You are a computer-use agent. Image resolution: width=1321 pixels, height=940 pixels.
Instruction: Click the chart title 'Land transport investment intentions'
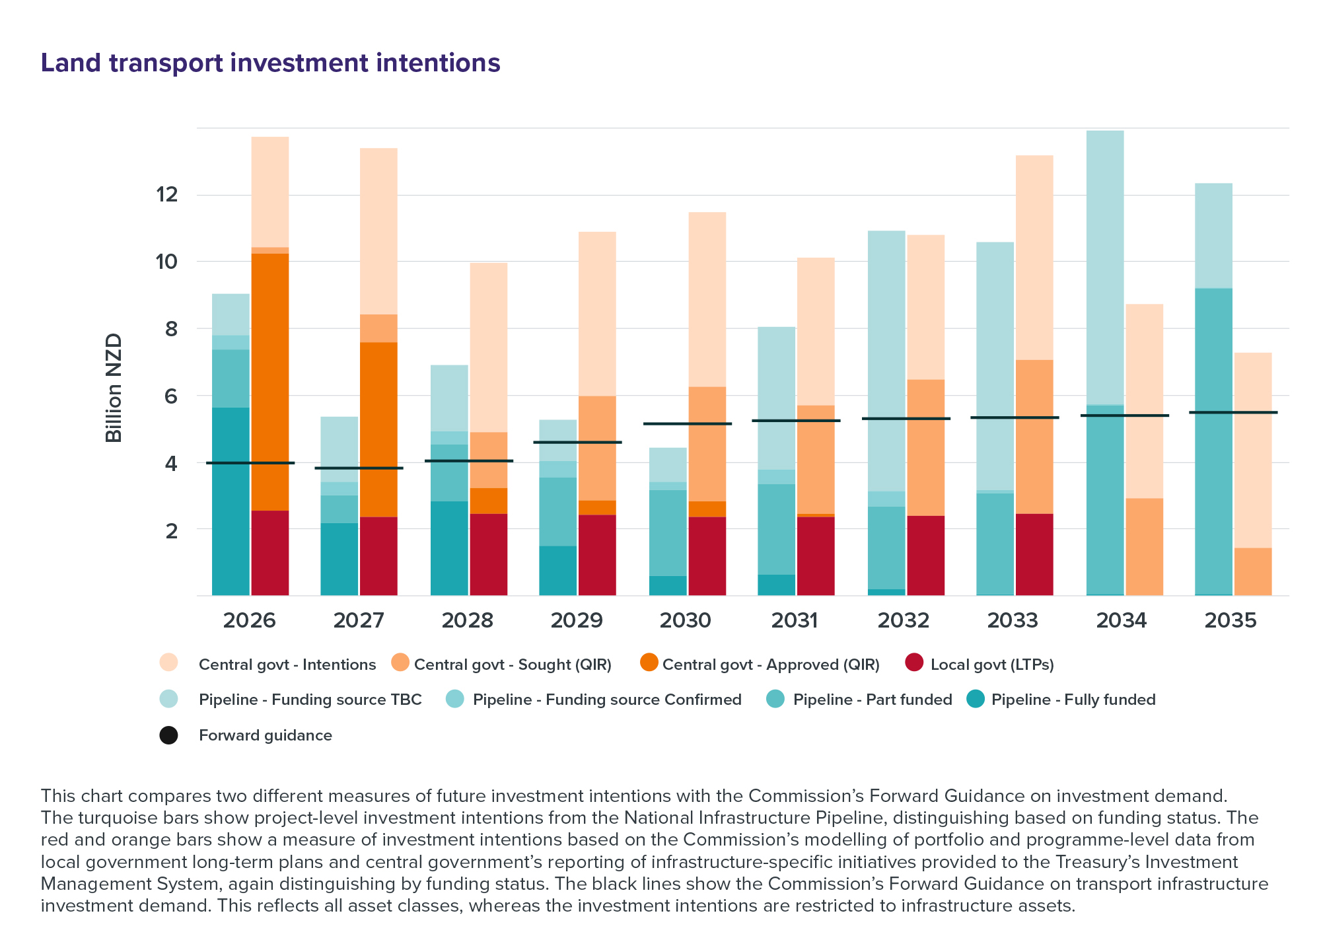(x=270, y=63)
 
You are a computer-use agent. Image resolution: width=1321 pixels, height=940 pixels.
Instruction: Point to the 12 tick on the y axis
(x=166, y=195)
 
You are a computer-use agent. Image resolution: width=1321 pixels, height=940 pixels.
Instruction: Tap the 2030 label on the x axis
(x=686, y=621)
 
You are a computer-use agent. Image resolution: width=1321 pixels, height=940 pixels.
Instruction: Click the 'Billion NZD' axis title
(x=114, y=388)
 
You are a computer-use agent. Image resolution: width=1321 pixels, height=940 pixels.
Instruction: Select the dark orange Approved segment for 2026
(x=270, y=382)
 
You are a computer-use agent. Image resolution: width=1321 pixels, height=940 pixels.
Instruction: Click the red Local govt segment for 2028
(x=489, y=554)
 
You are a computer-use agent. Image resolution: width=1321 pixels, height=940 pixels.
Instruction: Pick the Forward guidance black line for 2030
(x=688, y=423)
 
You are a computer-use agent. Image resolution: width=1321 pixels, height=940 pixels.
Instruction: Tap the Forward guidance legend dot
(x=168, y=735)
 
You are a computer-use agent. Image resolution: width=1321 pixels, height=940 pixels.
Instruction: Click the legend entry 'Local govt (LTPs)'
(x=991, y=665)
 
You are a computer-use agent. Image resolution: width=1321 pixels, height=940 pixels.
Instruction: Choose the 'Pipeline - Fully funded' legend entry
(x=1073, y=700)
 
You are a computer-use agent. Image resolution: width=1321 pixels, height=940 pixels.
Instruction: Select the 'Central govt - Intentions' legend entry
(x=287, y=665)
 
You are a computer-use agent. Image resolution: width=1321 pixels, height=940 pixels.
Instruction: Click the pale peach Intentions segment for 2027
(x=378, y=231)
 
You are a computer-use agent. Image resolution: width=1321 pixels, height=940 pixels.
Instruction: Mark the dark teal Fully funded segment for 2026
(x=231, y=501)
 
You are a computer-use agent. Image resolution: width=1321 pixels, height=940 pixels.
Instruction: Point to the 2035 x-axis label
(x=1231, y=621)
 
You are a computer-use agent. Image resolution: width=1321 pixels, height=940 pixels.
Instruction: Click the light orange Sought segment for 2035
(x=1253, y=571)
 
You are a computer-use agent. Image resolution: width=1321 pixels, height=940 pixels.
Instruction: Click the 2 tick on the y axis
(x=171, y=530)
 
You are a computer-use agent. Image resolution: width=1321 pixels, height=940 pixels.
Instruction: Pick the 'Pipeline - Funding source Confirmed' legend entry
(x=606, y=700)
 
